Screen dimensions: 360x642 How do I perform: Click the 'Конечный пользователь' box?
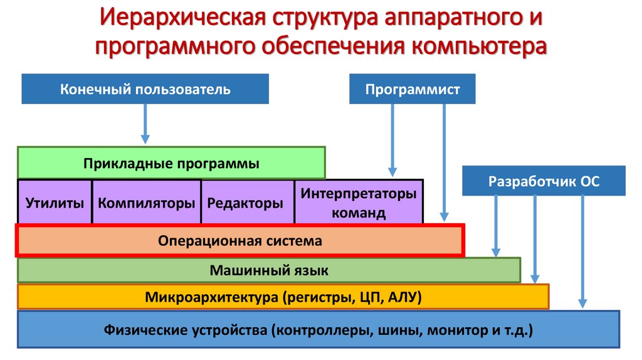[145, 89]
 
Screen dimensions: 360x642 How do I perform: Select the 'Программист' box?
[412, 89]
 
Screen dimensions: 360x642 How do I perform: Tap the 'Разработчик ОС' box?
[544, 181]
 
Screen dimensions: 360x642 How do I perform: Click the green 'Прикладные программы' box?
[171, 163]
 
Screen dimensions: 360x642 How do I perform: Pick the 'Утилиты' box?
[55, 203]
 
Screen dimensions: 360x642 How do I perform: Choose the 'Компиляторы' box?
[147, 203]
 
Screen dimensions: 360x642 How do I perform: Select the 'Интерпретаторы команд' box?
[359, 203]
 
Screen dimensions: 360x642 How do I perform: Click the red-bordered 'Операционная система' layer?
[240, 241]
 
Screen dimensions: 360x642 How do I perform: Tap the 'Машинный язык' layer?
[269, 270]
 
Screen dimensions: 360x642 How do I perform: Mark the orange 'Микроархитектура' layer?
[283, 297]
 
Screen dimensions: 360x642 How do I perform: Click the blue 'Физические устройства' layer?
[319, 329]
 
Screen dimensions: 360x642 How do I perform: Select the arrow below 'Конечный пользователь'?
[145, 123]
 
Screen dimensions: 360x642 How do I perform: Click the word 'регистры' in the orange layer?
[316, 297]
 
